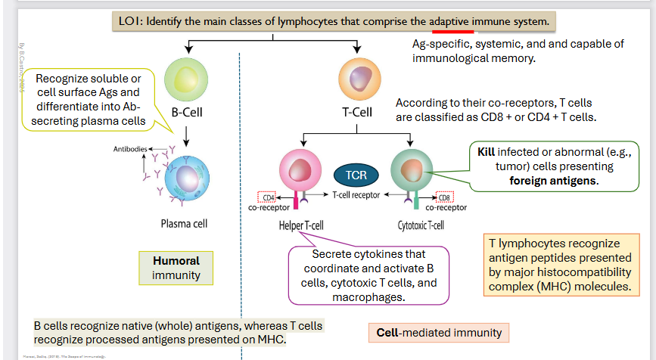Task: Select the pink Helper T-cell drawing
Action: pyautogui.click(x=301, y=169)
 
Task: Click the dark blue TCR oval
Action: pyautogui.click(x=356, y=175)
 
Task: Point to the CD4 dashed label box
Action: pyautogui.click(x=268, y=197)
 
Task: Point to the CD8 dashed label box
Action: pyautogui.click(x=445, y=197)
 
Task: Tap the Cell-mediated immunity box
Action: pyautogui.click(x=439, y=332)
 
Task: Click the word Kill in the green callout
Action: pyautogui.click(x=486, y=152)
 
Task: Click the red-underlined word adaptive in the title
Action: pyautogui.click(x=452, y=21)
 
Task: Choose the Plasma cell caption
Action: pyautogui.click(x=184, y=223)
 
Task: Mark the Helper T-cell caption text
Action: pyautogui.click(x=302, y=225)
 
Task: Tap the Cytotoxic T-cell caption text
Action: pyautogui.click(x=421, y=225)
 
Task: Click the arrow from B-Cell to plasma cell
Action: pyautogui.click(x=185, y=133)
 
